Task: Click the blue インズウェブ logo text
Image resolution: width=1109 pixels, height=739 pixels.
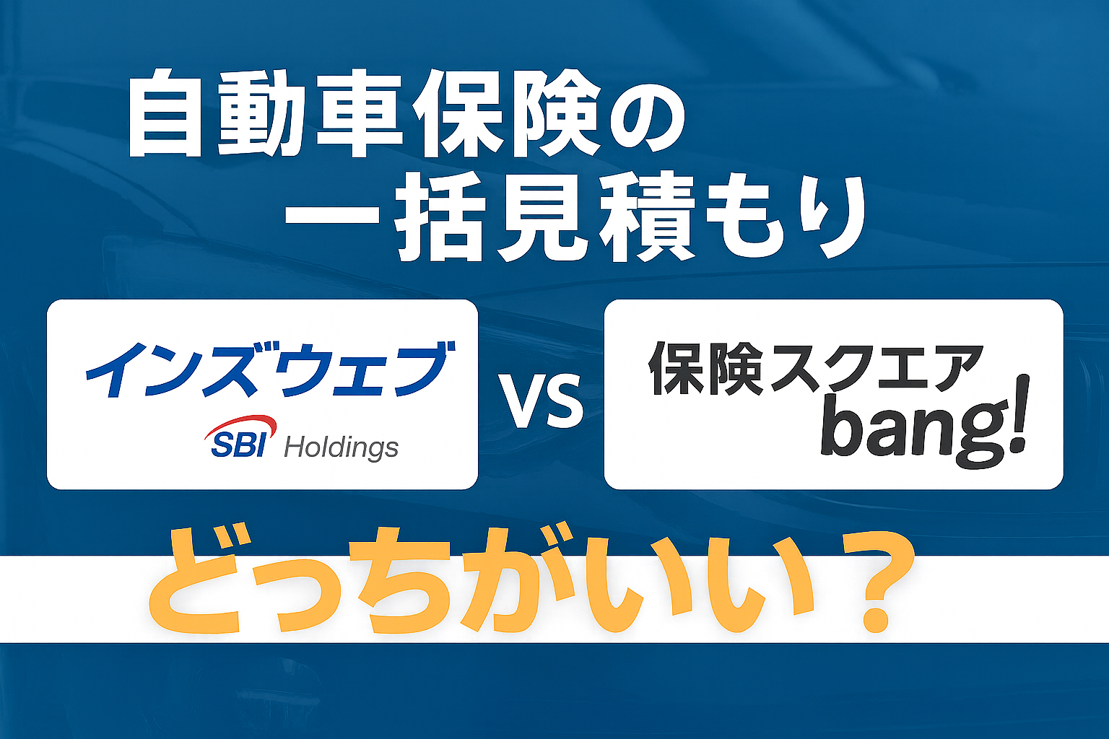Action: pyautogui.click(x=271, y=369)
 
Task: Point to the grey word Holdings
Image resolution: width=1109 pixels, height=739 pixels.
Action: pyautogui.click(x=342, y=449)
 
